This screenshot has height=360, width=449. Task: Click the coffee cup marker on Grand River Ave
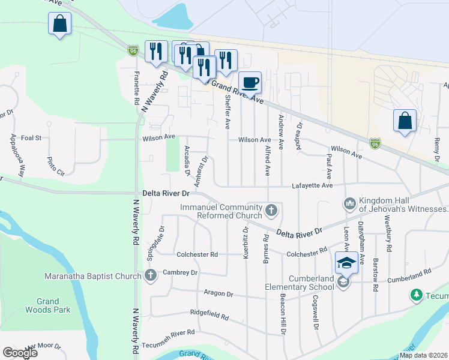(250, 82)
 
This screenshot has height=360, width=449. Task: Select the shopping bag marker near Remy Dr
(405, 121)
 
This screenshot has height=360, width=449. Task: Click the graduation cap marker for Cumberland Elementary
(346, 262)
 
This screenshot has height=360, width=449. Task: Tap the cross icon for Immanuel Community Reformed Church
(271, 211)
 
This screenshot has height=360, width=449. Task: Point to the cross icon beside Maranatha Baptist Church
(150, 276)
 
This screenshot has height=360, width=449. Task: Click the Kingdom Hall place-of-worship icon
(349, 205)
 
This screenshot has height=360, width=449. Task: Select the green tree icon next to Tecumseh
(415, 295)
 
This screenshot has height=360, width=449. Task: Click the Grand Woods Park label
(48, 305)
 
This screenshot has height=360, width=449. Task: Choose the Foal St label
(31, 137)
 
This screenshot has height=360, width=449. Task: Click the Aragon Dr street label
(218, 294)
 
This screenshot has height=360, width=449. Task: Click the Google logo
(20, 353)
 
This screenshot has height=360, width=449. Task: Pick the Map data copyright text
(424, 355)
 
